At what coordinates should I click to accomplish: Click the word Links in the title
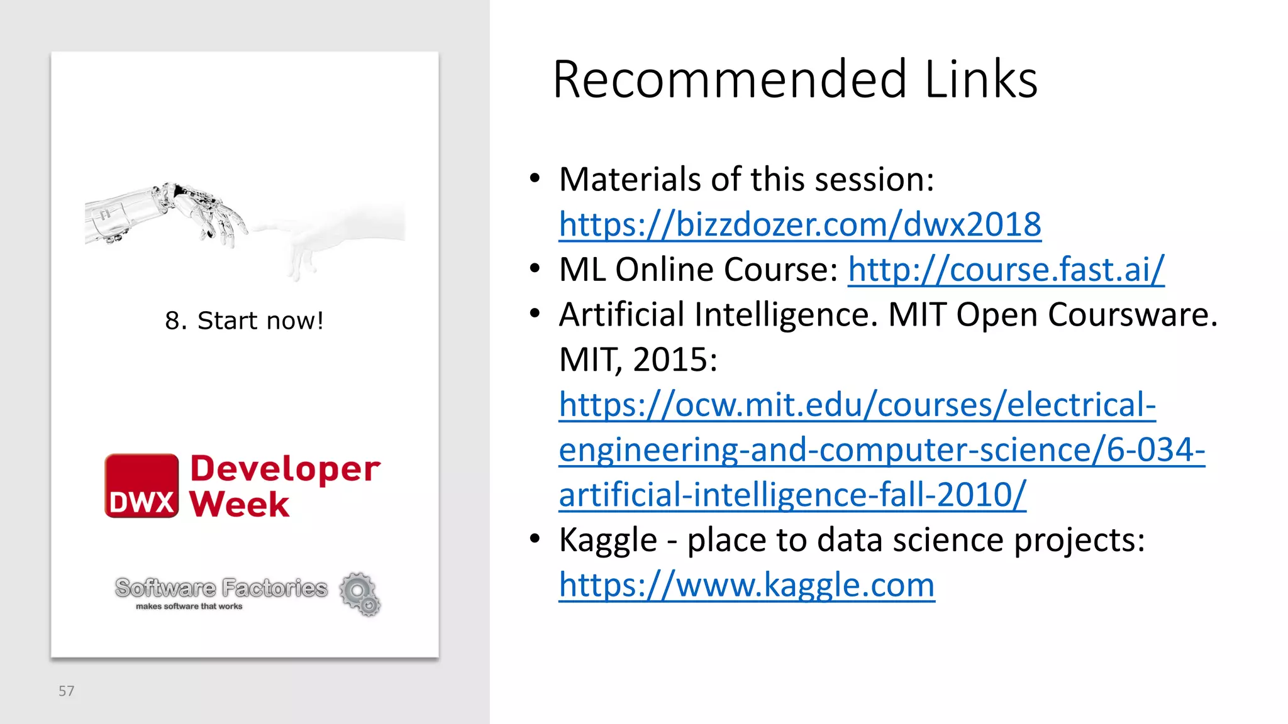tap(981, 80)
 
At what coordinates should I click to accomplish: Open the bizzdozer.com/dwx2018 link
tap(800, 224)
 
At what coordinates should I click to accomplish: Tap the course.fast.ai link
tap(1006, 270)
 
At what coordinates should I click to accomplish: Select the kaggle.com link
tap(747, 585)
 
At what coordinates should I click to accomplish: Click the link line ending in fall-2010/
tap(792, 495)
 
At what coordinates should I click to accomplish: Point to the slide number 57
tap(66, 691)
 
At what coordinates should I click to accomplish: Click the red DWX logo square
tap(142, 486)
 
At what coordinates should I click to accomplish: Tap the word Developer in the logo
tap(285, 468)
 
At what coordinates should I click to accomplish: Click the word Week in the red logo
tap(240, 504)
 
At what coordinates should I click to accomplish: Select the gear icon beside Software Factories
tap(360, 593)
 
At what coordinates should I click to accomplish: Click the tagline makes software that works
tap(189, 606)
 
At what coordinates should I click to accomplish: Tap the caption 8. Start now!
tap(244, 321)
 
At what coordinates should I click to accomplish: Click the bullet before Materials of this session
tap(535, 178)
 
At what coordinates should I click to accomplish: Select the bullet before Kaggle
tap(535, 539)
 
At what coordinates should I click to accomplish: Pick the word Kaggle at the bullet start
tap(608, 540)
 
